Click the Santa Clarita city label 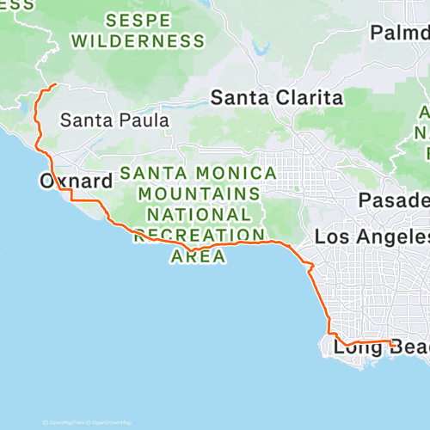coord(278,98)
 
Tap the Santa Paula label coord(114,121)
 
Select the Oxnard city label coord(76,181)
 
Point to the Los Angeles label coord(372,236)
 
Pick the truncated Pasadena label coord(395,200)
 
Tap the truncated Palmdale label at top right coord(400,33)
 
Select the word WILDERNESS coord(138,40)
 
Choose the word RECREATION coord(200,235)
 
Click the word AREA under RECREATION coord(199,255)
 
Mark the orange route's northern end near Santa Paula coord(56,84)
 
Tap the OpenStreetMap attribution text coord(112,422)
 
